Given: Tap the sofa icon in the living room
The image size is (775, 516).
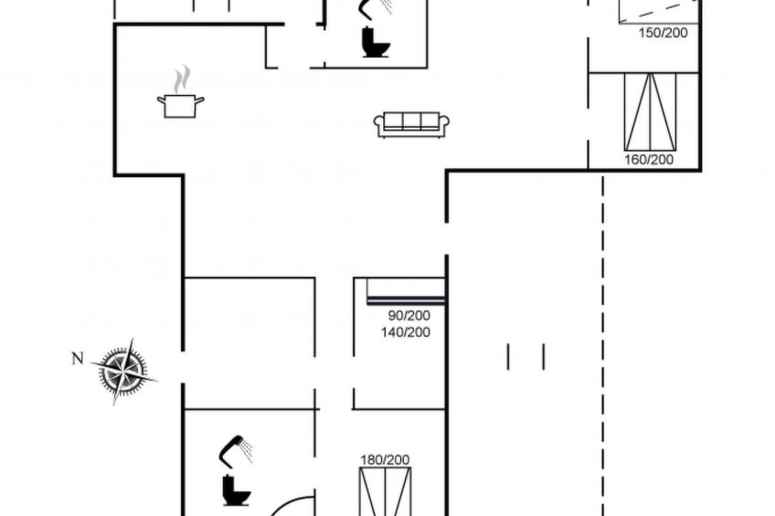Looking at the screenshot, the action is pyautogui.click(x=411, y=124).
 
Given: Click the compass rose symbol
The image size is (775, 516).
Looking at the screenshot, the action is pyautogui.click(x=124, y=371).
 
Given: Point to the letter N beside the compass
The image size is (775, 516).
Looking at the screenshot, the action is pyautogui.click(x=78, y=359).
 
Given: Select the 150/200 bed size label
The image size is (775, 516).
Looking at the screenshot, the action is pyautogui.click(x=664, y=33).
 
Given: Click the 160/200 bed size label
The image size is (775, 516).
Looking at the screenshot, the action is pyautogui.click(x=649, y=160).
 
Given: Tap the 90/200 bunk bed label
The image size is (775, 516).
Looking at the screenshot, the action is pyautogui.click(x=409, y=315).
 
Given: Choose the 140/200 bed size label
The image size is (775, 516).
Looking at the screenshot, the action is pyautogui.click(x=405, y=332).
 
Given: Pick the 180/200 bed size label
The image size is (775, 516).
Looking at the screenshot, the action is pyautogui.click(x=385, y=460).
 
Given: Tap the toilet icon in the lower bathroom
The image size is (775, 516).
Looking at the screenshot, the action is pyautogui.click(x=237, y=490).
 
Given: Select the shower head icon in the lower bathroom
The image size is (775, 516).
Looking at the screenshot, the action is pyautogui.click(x=236, y=449).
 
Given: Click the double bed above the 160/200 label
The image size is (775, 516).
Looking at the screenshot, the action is pyautogui.click(x=650, y=111).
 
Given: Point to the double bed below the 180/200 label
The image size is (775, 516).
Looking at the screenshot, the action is pyautogui.click(x=386, y=492).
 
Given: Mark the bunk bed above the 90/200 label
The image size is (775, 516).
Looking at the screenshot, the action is pyautogui.click(x=406, y=292).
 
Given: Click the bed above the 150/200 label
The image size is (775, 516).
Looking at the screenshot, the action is pyautogui.click(x=659, y=11).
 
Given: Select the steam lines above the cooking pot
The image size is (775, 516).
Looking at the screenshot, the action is pyautogui.click(x=182, y=79).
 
